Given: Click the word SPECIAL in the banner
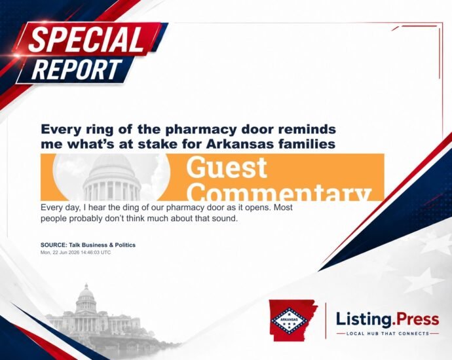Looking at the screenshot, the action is tap(86, 39).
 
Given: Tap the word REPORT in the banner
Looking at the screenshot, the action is tap(77, 69).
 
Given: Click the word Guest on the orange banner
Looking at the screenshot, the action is tap(227, 168).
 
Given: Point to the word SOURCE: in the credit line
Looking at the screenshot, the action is tap(54, 245).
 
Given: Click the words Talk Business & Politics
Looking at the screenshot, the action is tap(102, 245).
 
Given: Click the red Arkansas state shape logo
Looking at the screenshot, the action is tap(293, 320).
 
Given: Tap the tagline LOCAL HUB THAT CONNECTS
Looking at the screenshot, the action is tap(388, 334).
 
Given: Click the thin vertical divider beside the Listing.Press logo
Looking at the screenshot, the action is tap(326, 321).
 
